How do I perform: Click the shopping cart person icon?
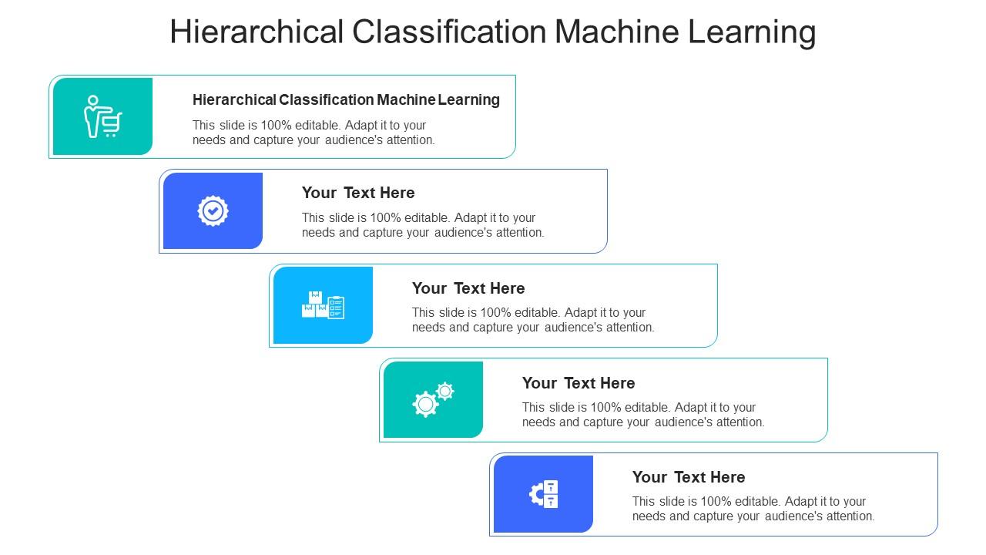click(x=102, y=116)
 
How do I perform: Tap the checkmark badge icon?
click(x=213, y=210)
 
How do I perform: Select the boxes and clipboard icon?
click(x=323, y=305)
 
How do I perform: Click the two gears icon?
click(x=433, y=399)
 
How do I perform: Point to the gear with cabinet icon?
click(x=544, y=494)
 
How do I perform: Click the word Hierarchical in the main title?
click(x=257, y=32)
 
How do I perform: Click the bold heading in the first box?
click(x=346, y=99)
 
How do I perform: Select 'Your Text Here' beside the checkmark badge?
click(x=358, y=193)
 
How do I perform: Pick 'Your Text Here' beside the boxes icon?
click(x=468, y=288)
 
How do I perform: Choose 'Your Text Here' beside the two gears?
click(x=579, y=383)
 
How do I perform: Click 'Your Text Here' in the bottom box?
click(x=689, y=477)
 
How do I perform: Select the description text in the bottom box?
click(x=753, y=509)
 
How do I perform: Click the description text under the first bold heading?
click(x=313, y=133)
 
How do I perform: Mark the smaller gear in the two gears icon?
click(x=445, y=391)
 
